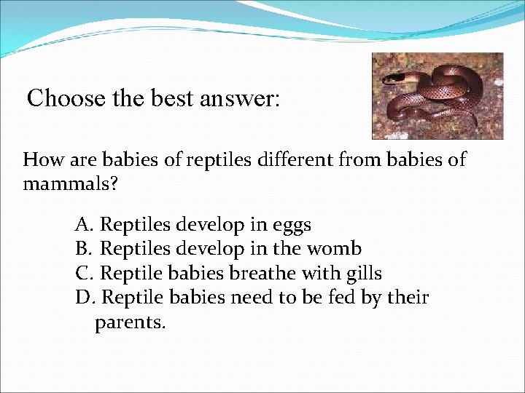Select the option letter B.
pyautogui.click(x=82, y=250)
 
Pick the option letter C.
pyautogui.click(x=82, y=274)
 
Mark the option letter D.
pyautogui.click(x=83, y=298)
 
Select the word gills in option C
pyautogui.click(x=361, y=274)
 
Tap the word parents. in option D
pyautogui.click(x=131, y=322)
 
